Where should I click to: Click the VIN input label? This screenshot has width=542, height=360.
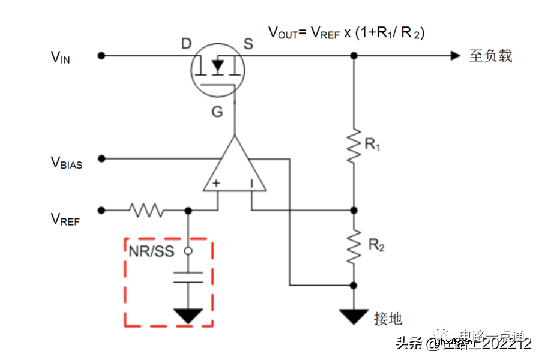60,57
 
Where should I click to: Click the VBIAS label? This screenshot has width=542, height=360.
66,162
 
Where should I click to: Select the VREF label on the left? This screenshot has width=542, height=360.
65,219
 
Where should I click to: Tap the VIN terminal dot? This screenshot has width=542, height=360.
101,55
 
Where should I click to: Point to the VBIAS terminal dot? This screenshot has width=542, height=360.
101,158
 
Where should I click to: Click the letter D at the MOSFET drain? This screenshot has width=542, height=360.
186,43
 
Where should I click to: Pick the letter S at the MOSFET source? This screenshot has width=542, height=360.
248,43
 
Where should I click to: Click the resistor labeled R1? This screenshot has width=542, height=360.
354,144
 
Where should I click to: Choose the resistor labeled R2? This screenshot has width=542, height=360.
354,246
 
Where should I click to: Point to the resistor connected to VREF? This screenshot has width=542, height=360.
146,210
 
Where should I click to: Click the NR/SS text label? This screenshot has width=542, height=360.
151,251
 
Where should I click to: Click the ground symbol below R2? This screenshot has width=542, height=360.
354,316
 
